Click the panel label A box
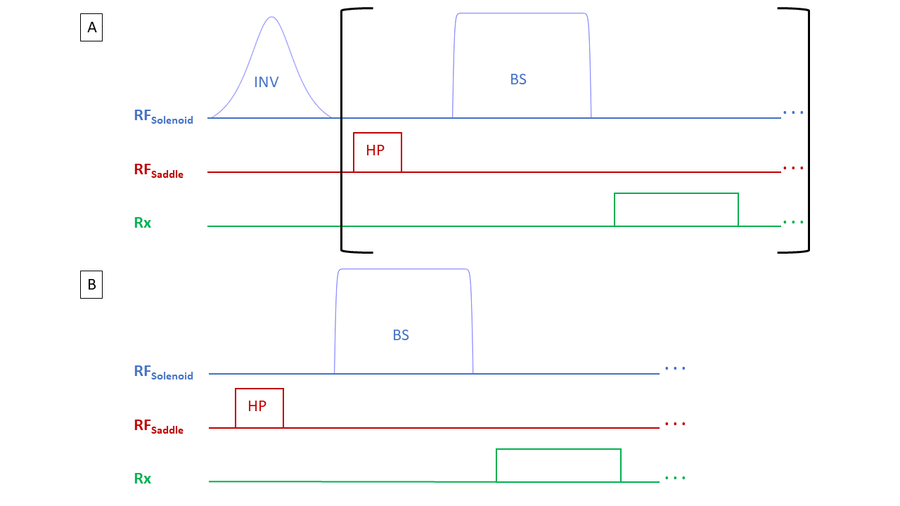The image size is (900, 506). click(91, 28)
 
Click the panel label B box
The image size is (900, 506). click(91, 285)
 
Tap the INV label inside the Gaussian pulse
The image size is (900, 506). click(266, 82)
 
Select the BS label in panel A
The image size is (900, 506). click(518, 79)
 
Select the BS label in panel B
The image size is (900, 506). click(401, 335)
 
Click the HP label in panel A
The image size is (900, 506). click(375, 150)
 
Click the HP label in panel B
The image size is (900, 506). click(257, 406)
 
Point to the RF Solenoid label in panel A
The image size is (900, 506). click(163, 117)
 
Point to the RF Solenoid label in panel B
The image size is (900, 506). click(163, 372)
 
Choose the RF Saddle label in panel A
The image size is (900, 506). click(159, 171)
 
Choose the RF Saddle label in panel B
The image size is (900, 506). click(159, 427)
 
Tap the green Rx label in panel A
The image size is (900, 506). click(143, 223)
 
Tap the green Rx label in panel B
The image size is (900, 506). click(143, 479)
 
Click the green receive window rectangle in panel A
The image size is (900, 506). click(676, 209)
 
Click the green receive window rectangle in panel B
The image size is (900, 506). click(558, 465)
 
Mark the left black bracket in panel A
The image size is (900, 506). click(342, 130)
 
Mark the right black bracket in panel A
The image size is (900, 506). click(807, 130)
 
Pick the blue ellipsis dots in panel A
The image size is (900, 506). click(793, 112)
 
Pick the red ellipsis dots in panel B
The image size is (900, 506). click(675, 424)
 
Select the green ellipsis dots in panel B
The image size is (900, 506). click(675, 478)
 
